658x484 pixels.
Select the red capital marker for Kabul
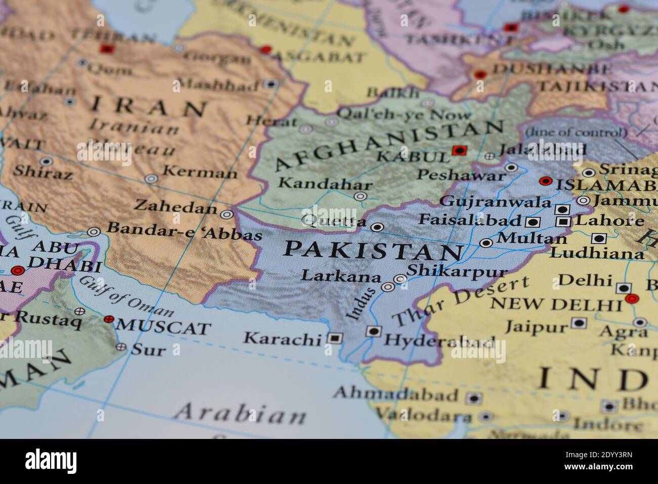(x=459, y=150)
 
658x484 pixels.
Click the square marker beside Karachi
(x=334, y=337)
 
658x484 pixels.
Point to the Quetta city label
(x=334, y=221)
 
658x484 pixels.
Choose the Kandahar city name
(x=325, y=183)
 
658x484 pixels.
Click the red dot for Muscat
(x=108, y=319)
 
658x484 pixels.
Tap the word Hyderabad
(x=439, y=341)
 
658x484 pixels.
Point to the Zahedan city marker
(x=227, y=214)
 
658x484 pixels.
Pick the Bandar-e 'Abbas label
(x=185, y=232)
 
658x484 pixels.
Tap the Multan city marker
(x=486, y=243)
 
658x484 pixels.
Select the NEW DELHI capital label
(x=556, y=304)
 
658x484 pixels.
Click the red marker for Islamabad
(x=545, y=181)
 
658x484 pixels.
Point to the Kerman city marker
(x=151, y=178)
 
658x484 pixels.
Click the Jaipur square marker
(x=579, y=322)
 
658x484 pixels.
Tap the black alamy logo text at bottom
(x=51, y=461)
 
